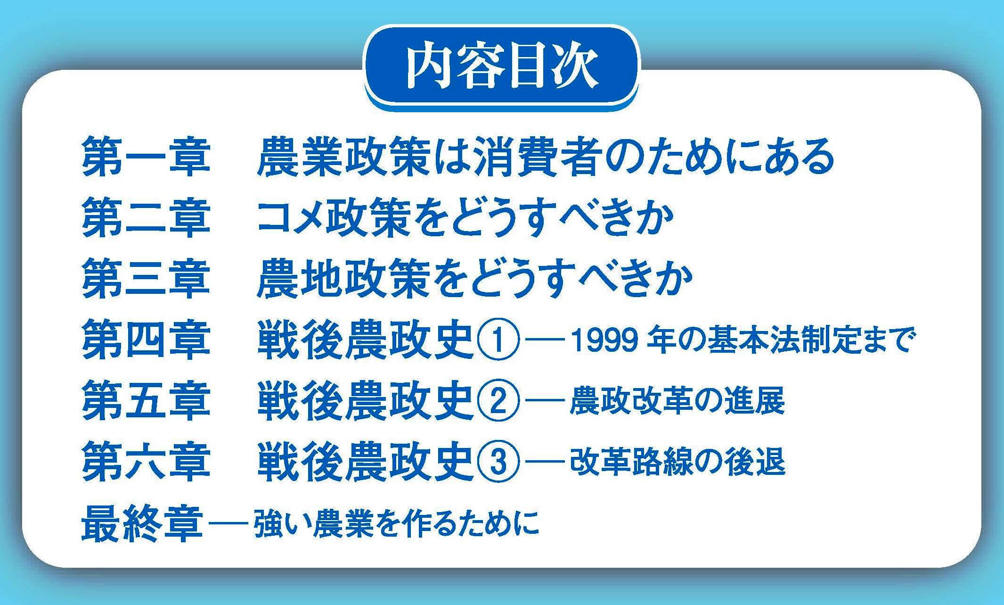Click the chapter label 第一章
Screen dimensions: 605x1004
pos(146,157)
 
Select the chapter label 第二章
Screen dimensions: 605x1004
pos(146,217)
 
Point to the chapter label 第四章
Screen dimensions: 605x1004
pos(146,340)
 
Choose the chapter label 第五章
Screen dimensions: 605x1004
pos(146,400)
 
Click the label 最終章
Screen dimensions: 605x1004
pos(142,523)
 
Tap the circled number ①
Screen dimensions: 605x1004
pos(498,340)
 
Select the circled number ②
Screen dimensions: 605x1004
pos(498,401)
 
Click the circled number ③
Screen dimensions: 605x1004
pos(498,462)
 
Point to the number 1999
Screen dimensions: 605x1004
pos(605,340)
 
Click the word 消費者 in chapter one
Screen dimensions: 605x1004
pos(538,157)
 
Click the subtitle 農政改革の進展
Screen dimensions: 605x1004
pos(677,401)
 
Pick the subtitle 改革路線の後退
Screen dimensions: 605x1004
pos(677,462)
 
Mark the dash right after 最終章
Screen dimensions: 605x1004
pos(228,523)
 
